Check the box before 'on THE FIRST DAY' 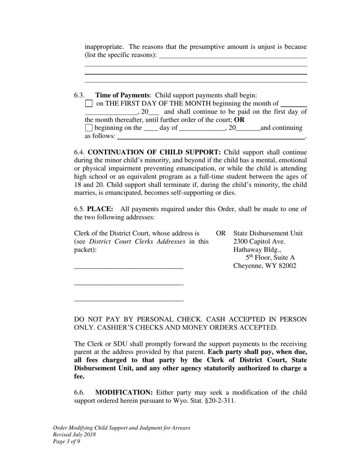(x=89, y=103)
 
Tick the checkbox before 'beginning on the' (x=89, y=128)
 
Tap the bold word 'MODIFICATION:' (x=124, y=393)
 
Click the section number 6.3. (x=79, y=95)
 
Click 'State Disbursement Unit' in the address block (x=268, y=233)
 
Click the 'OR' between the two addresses (x=221, y=233)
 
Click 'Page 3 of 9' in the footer (x=66, y=441)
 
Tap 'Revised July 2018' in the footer (x=74, y=435)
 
